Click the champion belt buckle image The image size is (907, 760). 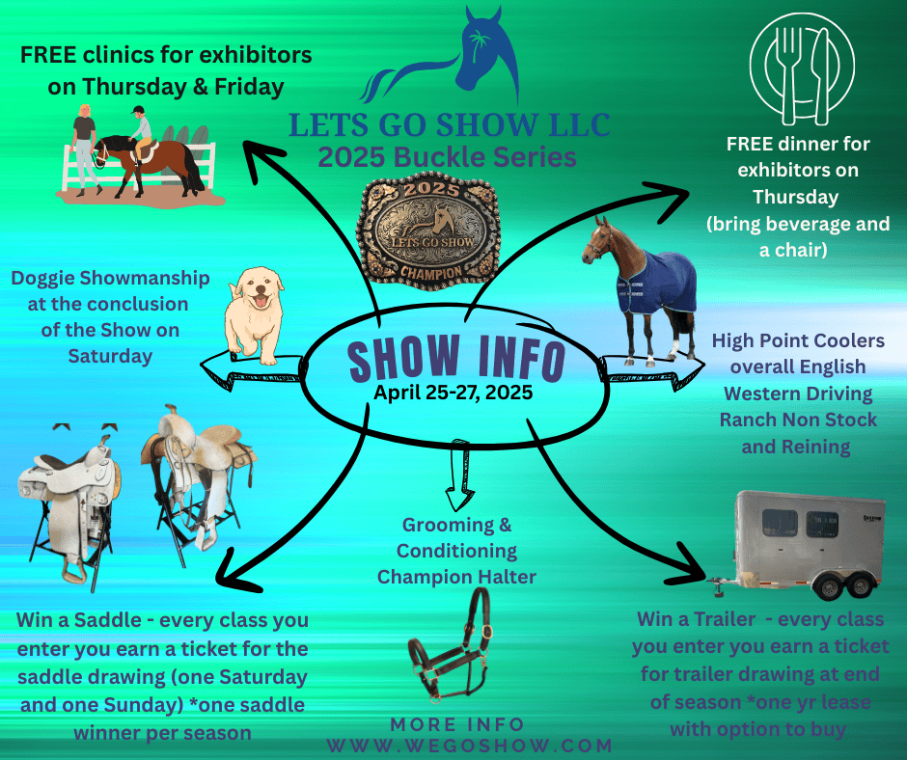click(427, 231)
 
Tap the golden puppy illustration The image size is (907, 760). click(255, 315)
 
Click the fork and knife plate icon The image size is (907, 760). click(802, 68)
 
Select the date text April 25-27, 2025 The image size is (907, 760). click(453, 393)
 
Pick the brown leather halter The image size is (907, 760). click(450, 645)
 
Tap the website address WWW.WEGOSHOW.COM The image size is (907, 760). click(470, 746)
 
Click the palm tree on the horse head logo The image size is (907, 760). click(479, 44)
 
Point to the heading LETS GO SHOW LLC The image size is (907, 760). click(450, 125)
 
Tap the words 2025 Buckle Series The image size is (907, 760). click(447, 157)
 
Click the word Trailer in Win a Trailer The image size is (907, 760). click(725, 619)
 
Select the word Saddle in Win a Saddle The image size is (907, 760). click(108, 620)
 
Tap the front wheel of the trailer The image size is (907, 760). click(828, 586)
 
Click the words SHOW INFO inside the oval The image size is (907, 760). click(456, 359)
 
